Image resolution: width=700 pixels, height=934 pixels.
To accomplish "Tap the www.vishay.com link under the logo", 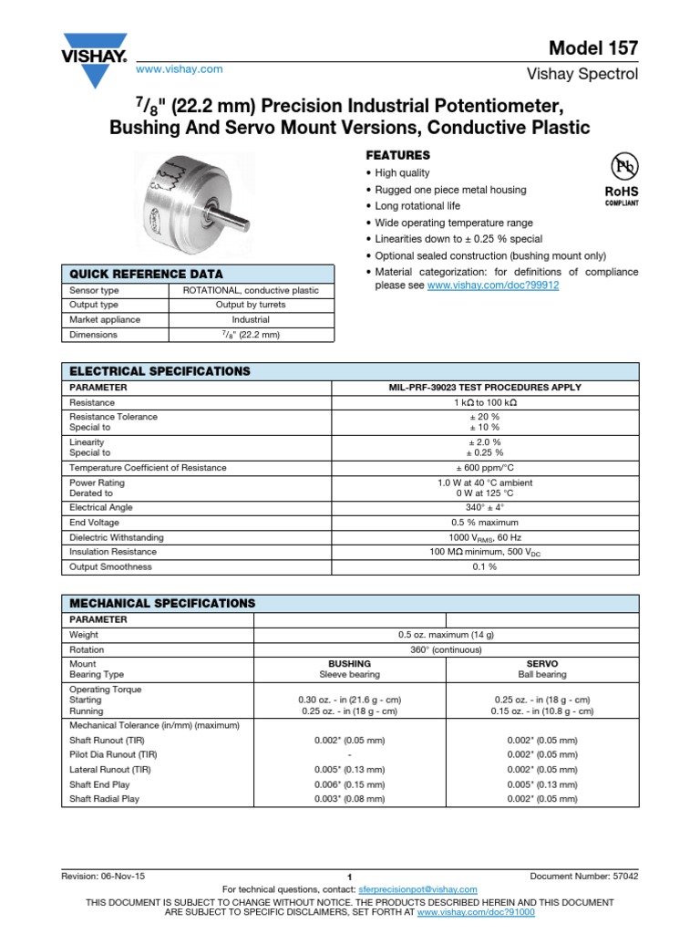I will pos(179,69).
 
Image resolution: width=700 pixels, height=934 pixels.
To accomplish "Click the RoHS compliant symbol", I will pos(623,180).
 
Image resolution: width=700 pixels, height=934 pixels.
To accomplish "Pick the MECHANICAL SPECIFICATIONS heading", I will pos(163,604).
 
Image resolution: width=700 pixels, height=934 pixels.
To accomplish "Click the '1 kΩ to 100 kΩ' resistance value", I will pos(484,402).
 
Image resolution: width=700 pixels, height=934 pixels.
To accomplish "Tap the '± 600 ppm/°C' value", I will pos(484,468).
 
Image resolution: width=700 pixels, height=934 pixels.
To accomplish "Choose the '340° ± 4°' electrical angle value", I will pos(484,507).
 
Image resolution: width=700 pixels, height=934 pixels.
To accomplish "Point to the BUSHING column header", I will pos(349,664).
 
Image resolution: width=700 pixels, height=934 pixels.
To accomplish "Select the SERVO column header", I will pos(542,664).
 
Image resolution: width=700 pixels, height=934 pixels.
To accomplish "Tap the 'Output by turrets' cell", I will pos(252,305).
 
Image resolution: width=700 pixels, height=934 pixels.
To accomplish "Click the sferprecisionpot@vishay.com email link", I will pos(417,889).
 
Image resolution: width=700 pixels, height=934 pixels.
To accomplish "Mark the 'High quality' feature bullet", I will pos(402,173).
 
